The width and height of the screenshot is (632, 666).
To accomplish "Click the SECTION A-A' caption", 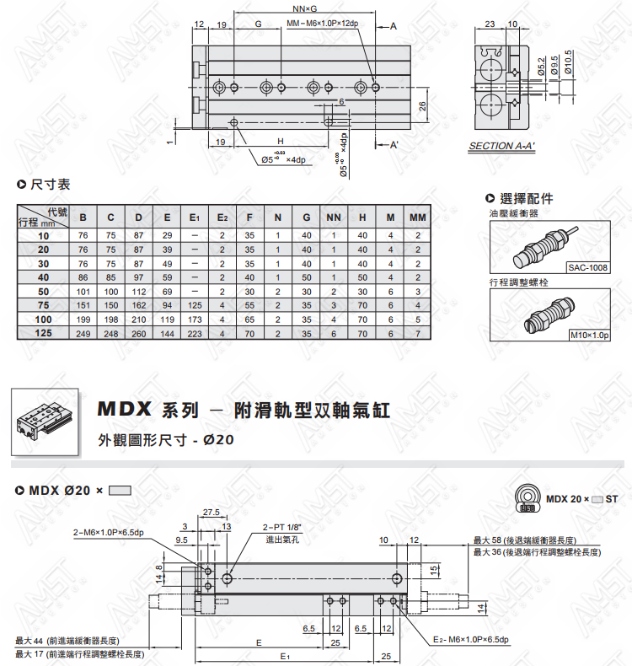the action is tap(501, 146).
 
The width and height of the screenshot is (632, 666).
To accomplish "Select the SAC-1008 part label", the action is tap(588, 267).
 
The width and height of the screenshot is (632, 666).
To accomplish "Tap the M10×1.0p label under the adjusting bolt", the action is tap(590, 336).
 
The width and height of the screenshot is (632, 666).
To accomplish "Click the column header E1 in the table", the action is tap(195, 218).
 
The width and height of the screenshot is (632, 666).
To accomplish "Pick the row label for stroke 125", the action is tap(43, 333).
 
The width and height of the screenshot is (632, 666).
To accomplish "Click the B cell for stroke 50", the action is tap(83, 292).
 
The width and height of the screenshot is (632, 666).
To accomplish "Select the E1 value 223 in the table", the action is tap(195, 334).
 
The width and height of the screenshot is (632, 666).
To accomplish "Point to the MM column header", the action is tap(418, 218).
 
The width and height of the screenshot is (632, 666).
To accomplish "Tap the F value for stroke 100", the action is tap(249, 320).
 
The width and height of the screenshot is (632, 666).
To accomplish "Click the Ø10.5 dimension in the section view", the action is tap(568, 62).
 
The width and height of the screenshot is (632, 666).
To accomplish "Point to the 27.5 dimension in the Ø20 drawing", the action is tap(212, 513).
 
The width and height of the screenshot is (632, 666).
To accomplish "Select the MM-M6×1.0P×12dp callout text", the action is tap(323, 24).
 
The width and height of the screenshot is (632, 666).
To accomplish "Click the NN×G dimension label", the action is tap(305, 8).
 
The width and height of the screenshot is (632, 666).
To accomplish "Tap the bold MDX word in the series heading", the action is tap(124, 409).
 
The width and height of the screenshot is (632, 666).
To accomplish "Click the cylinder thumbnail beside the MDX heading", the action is tap(45, 422).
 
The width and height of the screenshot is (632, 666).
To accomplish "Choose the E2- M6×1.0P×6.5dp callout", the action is tap(471, 640).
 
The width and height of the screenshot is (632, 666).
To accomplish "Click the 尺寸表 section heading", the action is tap(50, 185).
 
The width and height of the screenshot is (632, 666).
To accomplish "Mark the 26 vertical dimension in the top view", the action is tap(422, 106).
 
